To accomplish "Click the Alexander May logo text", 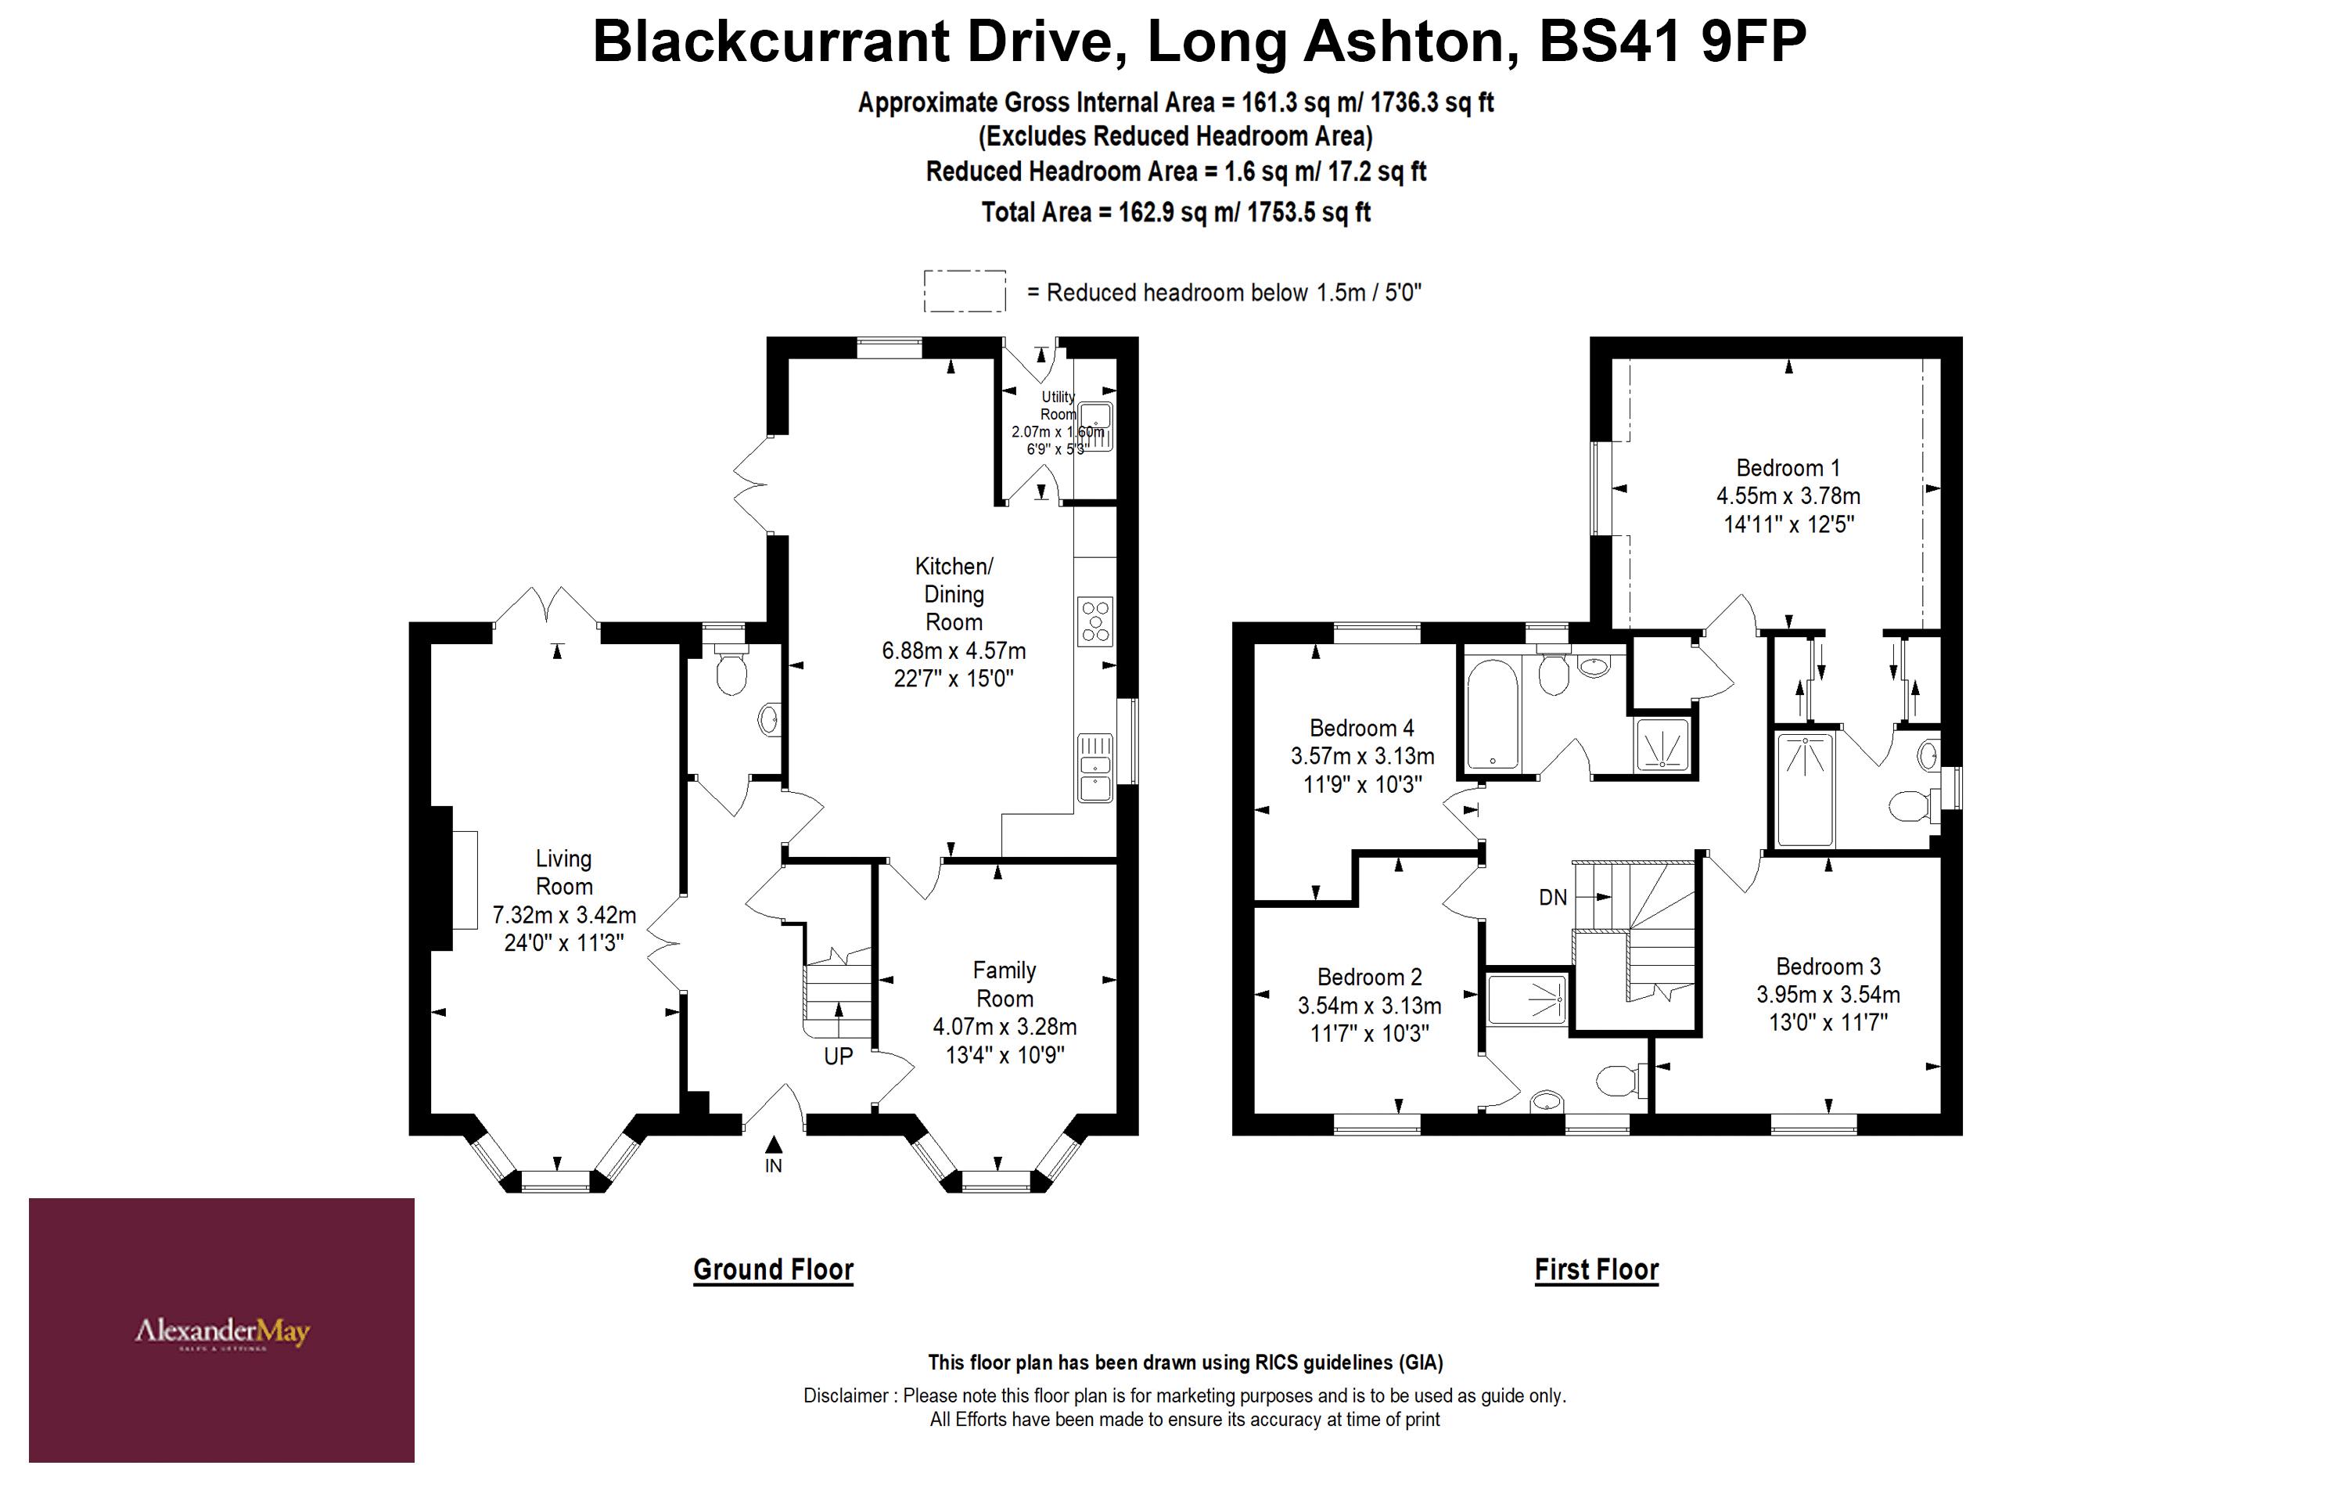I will (222, 1331).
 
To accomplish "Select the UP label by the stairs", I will (838, 1056).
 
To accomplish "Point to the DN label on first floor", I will (1553, 897).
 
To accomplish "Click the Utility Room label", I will (1058, 405).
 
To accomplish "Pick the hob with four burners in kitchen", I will (1095, 621).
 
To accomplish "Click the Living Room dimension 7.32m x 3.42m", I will (563, 915).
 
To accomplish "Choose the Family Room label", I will (1004, 984).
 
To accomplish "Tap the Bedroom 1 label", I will (1788, 468).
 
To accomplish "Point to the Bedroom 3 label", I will (1828, 967).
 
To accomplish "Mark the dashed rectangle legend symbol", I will (964, 292).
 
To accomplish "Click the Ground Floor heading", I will (773, 1269).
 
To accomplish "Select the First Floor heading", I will (1595, 1269).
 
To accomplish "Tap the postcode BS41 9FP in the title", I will (1672, 42).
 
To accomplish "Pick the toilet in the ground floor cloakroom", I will (730, 673).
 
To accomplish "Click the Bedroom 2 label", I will (1368, 977).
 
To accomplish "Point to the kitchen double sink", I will (1095, 769).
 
